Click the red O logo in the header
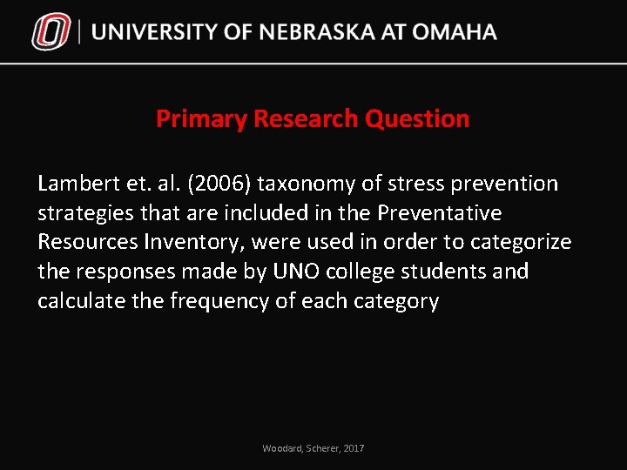[x=51, y=33]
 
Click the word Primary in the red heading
[x=201, y=119]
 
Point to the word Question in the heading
[x=417, y=119]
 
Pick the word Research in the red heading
[x=306, y=119]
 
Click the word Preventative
[x=439, y=213]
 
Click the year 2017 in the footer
[x=354, y=448]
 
